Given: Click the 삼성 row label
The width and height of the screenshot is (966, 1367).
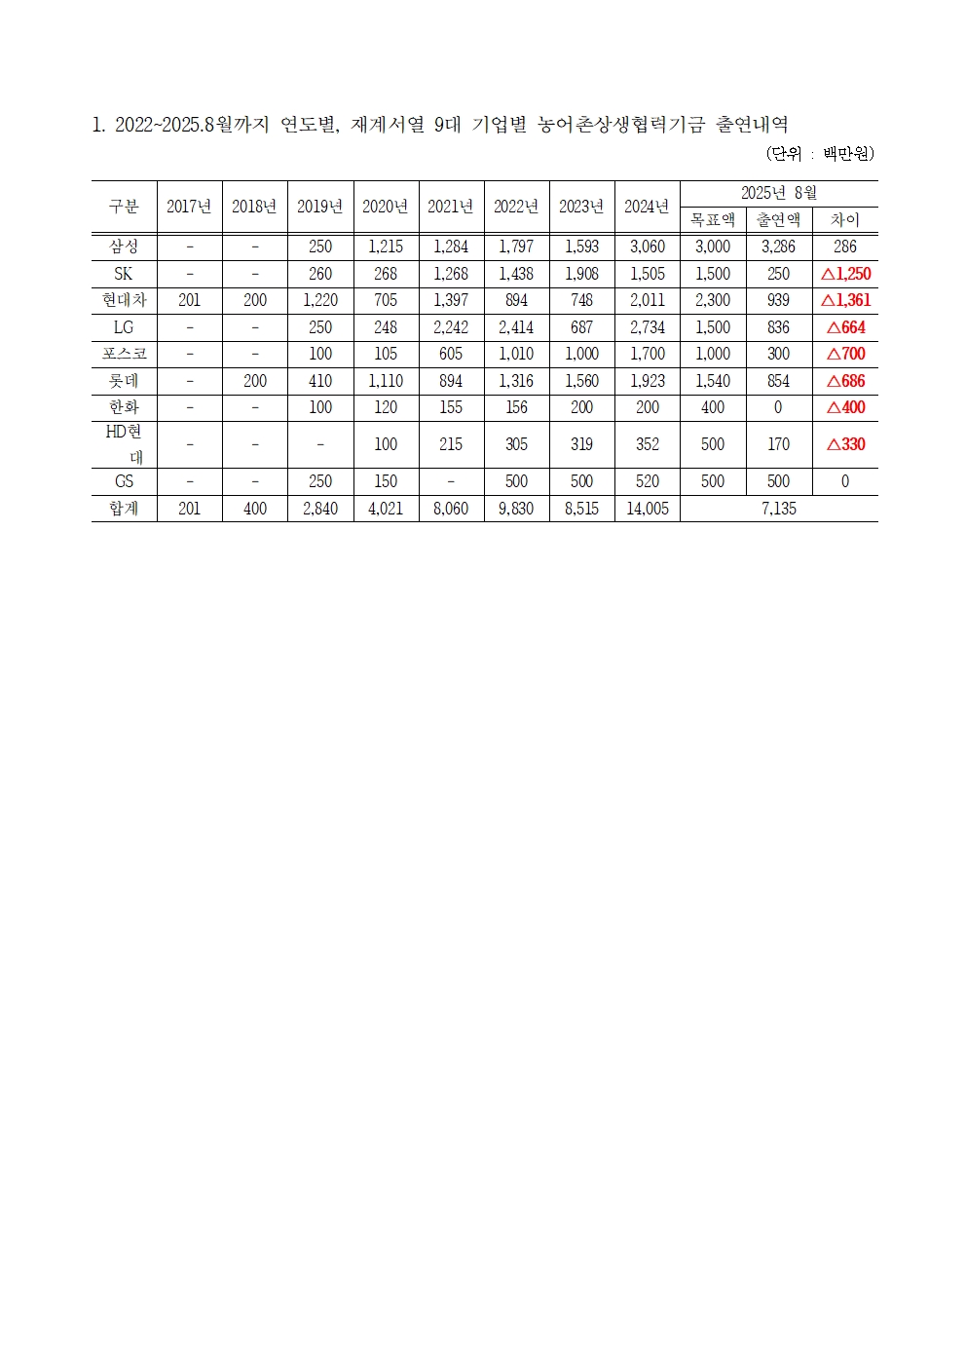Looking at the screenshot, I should (x=124, y=247).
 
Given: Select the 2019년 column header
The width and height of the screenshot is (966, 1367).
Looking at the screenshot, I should (x=319, y=207).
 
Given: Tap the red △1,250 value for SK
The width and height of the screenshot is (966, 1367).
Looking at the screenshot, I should (x=845, y=274).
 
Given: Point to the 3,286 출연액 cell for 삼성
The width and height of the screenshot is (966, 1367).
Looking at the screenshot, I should (x=778, y=247).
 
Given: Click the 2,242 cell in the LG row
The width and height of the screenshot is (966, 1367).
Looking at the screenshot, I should (x=451, y=327).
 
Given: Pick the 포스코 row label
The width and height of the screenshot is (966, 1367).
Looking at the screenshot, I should (x=124, y=354).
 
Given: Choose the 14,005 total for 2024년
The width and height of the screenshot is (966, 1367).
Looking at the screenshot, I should (x=647, y=509).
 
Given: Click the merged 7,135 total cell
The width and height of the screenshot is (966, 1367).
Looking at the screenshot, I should (x=778, y=509).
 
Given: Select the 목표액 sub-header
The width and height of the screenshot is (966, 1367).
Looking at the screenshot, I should (x=713, y=220).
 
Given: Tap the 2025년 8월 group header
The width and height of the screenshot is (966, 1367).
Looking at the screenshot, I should (x=778, y=193).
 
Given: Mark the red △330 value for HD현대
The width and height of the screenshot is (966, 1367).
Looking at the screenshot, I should (x=845, y=444).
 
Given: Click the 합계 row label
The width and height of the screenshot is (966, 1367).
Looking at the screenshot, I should (x=124, y=509).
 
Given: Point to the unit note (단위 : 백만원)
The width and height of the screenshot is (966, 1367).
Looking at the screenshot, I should (x=820, y=154).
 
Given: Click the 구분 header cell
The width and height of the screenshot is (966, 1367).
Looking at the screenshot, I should (x=124, y=207).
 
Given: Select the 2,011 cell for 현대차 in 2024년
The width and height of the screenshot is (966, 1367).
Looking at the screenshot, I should (x=647, y=300).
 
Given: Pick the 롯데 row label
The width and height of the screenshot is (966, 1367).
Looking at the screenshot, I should (x=124, y=381).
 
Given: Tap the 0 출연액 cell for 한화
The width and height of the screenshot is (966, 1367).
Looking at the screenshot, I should (x=778, y=407).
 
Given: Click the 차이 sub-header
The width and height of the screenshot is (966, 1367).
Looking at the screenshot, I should (x=845, y=220).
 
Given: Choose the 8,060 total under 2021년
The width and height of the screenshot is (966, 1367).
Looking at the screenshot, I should (x=451, y=509).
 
